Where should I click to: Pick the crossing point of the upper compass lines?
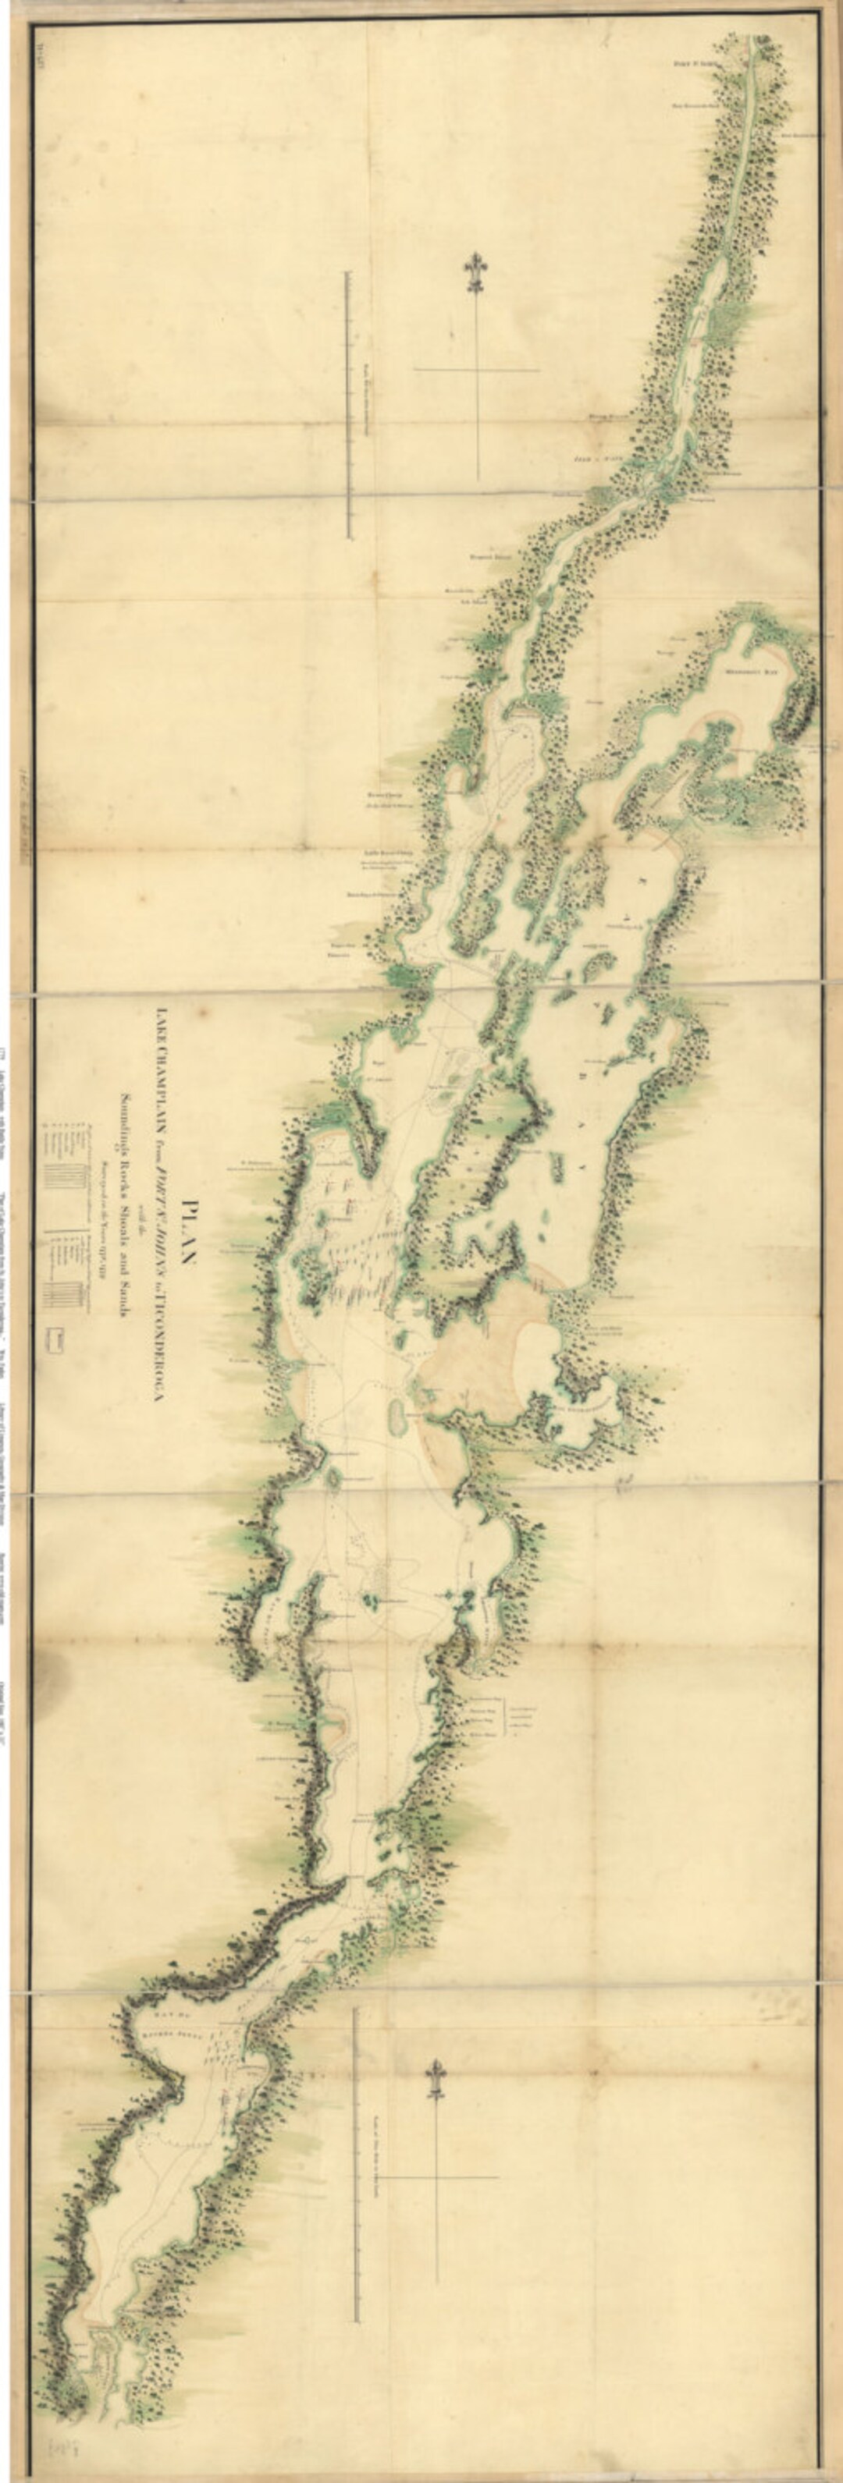(476, 369)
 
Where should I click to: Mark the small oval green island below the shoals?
(397, 1417)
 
